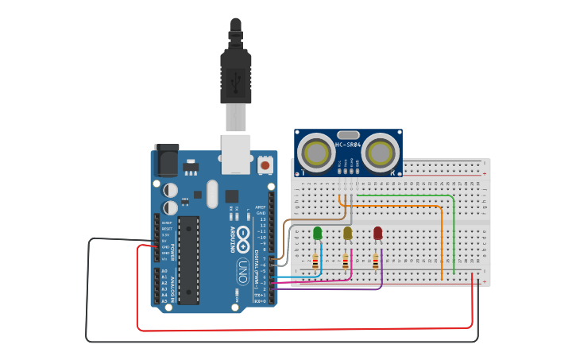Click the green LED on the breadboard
coord(318,233)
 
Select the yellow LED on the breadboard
coord(347,233)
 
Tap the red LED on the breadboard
coord(377,233)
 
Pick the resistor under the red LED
coord(375,261)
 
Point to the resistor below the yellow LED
coord(346,261)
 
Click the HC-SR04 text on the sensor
coord(349,145)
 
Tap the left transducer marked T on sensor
coord(317,151)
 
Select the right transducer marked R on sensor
coord(381,151)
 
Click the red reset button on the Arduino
coord(265,165)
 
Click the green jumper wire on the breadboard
coord(453,230)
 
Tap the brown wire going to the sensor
coord(318,219)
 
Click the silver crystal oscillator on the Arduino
coord(211,194)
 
